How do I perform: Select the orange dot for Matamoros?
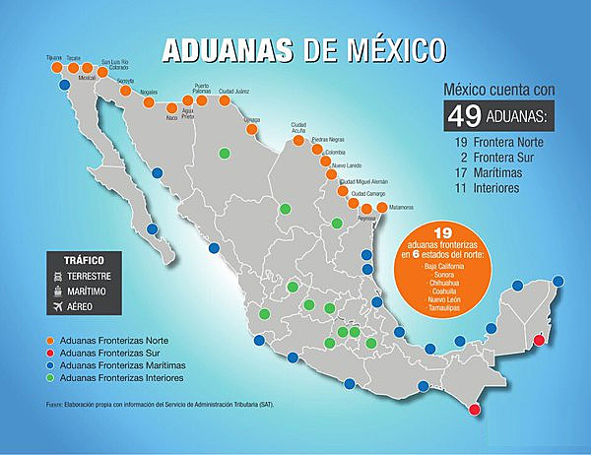[x=381, y=208]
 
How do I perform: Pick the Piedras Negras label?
[x=328, y=139]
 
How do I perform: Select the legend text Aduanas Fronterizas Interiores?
[x=121, y=377]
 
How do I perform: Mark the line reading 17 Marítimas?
[x=491, y=171]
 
